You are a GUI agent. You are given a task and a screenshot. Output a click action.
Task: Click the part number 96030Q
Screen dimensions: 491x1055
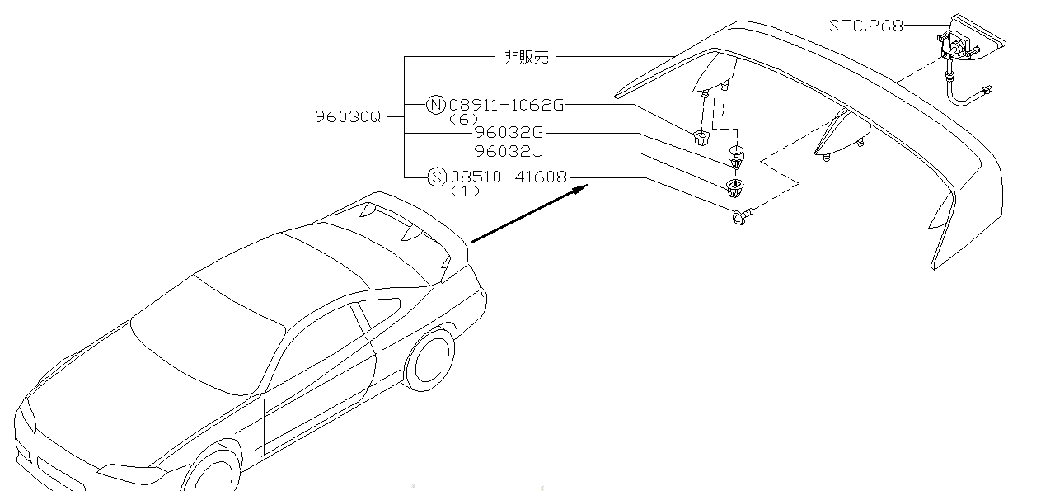(348, 116)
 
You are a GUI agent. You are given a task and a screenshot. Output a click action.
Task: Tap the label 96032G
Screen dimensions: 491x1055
(509, 132)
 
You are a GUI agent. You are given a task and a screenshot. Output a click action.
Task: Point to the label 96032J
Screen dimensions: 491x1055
(509, 152)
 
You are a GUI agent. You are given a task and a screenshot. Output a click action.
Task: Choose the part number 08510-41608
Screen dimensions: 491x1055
(509, 176)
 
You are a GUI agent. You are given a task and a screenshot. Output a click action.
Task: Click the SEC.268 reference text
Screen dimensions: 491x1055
(865, 26)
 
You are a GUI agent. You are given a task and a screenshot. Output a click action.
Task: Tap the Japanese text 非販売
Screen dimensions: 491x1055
(526, 57)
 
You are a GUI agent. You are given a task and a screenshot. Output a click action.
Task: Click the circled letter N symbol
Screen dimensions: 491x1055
(436, 105)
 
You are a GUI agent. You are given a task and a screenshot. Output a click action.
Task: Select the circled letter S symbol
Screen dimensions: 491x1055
(438, 177)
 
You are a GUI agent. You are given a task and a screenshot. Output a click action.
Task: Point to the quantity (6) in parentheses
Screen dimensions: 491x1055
(464, 119)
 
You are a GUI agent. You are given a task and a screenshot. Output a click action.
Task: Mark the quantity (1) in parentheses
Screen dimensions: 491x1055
(466, 191)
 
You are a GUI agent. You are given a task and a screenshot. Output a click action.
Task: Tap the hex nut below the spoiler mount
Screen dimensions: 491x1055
(701, 138)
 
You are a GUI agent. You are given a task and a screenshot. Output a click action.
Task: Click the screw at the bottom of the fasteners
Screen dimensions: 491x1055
(741, 217)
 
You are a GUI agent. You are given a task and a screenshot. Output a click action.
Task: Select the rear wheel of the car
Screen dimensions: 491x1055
(429, 361)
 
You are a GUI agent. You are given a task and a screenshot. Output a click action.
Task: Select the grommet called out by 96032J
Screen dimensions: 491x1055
(734, 187)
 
